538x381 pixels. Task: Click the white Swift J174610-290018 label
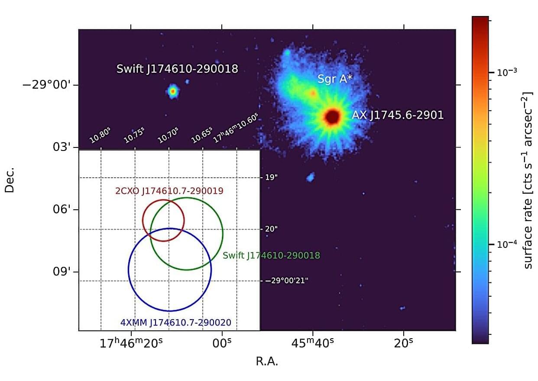click(x=177, y=69)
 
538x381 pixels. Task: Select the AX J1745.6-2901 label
click(x=398, y=115)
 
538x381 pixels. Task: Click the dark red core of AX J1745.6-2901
click(x=332, y=116)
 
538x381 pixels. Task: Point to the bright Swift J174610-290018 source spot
click(x=173, y=91)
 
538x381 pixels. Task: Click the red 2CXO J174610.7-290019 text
click(x=169, y=191)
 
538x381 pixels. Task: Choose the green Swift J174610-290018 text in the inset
click(x=271, y=256)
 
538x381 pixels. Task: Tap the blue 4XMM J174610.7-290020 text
click(x=175, y=322)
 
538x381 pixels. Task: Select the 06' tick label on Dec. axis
click(x=62, y=210)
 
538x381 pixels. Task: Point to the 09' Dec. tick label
click(x=62, y=272)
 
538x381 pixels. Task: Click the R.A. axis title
click(x=267, y=362)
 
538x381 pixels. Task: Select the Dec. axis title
click(x=10, y=179)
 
